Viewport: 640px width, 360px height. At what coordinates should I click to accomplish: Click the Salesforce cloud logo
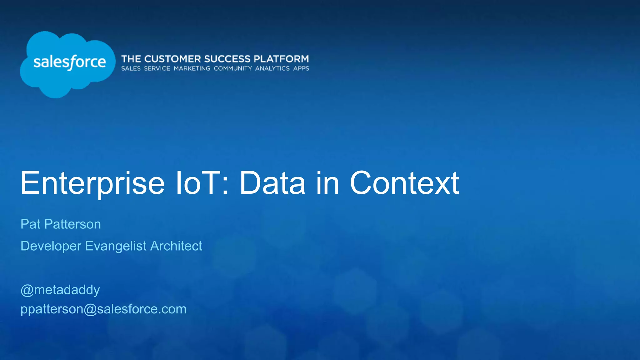point(67,64)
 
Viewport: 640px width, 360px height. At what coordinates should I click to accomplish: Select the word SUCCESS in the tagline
point(227,59)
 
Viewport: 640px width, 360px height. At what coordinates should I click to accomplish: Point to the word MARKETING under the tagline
point(192,68)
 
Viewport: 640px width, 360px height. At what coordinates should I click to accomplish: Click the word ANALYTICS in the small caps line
point(272,68)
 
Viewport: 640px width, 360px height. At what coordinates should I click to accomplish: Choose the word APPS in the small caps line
point(301,68)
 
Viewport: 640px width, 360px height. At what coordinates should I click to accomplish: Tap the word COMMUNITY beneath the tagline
point(233,68)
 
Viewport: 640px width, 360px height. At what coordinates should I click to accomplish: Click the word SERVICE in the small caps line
point(157,68)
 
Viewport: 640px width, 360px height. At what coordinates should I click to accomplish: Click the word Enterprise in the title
point(92,183)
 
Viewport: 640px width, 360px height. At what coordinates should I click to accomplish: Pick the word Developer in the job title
point(51,246)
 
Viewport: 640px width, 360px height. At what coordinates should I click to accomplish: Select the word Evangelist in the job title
point(116,246)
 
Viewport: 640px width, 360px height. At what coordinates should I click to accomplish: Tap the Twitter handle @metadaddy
point(60,290)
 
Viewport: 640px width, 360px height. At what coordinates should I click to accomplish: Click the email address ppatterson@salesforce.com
point(103,309)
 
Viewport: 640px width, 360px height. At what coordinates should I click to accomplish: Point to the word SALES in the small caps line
point(131,68)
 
